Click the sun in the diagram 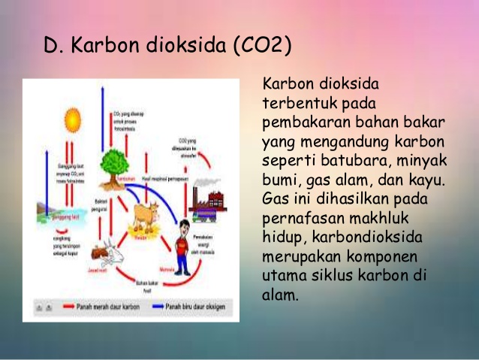[x=72, y=119]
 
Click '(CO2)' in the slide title [x=262, y=46]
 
